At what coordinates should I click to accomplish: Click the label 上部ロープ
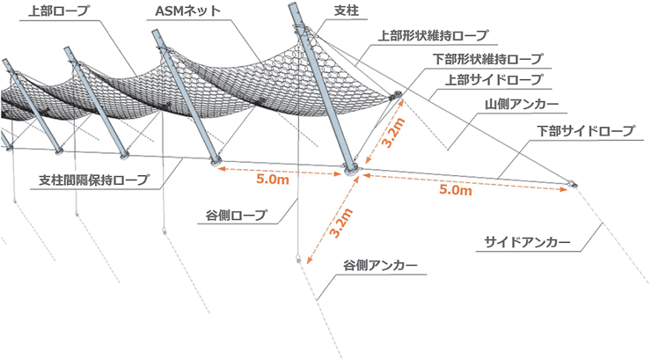[59, 11]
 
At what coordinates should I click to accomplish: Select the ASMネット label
[187, 11]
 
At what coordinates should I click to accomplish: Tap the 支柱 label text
[347, 11]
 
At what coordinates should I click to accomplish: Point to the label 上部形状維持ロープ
[433, 35]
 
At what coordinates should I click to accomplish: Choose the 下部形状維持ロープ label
[487, 59]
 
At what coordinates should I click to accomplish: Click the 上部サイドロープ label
[494, 80]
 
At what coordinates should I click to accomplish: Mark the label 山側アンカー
[522, 104]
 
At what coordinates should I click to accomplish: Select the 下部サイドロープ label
[586, 131]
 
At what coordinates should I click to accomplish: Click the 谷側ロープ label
[236, 216]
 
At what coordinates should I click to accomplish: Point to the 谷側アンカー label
[380, 265]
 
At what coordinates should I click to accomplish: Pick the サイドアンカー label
[527, 242]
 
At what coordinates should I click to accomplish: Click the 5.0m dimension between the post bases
[273, 180]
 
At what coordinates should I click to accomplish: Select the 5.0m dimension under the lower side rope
[456, 190]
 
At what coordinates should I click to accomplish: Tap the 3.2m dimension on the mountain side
[392, 133]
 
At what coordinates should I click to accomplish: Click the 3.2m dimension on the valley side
[341, 223]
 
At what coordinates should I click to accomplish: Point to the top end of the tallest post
[293, 5]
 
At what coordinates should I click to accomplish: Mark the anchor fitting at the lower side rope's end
[572, 183]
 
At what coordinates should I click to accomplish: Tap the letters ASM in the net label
[168, 11]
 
